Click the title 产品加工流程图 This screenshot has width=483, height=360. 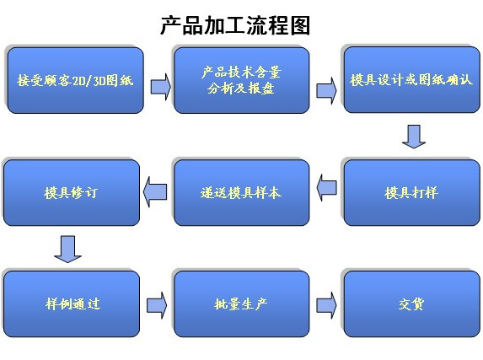point(235,25)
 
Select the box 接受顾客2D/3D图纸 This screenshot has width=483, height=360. point(72,82)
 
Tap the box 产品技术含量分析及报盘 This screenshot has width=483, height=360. point(240,80)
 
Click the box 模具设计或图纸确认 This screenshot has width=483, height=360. point(411,81)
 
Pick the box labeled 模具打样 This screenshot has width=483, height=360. point(411,192)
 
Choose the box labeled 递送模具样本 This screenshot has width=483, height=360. point(240,192)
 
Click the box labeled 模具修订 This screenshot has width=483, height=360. point(72,192)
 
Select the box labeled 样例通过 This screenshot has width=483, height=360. point(72,304)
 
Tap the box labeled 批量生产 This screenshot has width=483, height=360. point(240,304)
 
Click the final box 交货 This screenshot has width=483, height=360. point(411,304)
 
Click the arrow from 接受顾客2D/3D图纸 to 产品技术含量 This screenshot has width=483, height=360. point(159,86)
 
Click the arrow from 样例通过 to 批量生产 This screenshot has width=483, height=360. point(156,303)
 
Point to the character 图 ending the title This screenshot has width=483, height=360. point(300,25)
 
